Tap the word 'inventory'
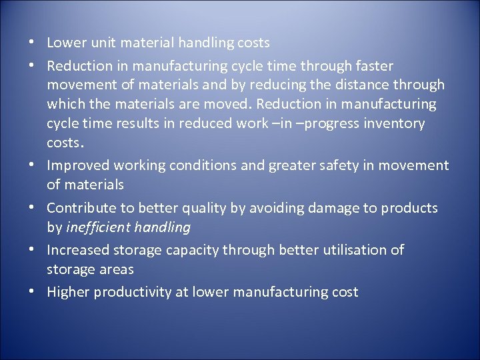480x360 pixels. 395,124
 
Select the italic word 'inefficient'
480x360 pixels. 98,228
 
